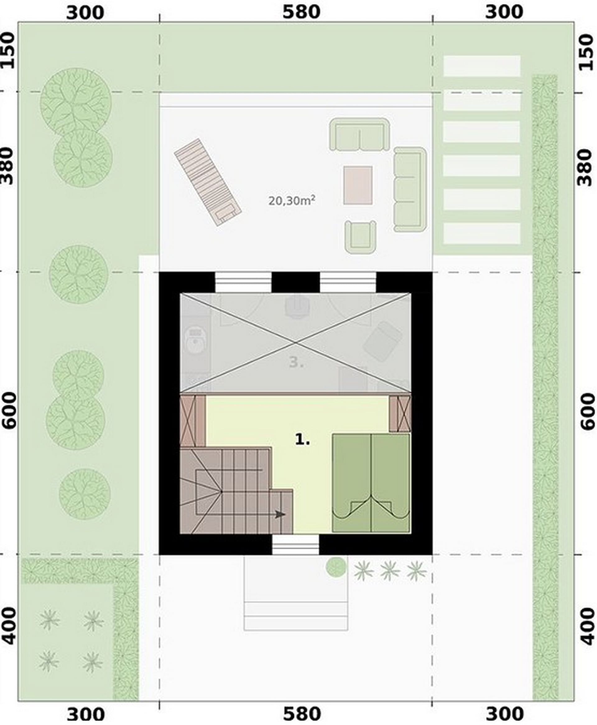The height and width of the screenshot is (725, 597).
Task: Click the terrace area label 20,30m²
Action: [x=292, y=201]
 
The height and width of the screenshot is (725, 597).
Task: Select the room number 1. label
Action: [x=303, y=439]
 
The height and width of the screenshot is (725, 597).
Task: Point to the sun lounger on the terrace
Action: [x=208, y=182]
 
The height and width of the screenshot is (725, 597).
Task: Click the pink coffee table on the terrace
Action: [x=358, y=185]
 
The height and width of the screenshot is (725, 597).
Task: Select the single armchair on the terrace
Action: [x=360, y=237]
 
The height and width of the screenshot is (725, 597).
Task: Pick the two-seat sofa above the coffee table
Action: [x=359, y=135]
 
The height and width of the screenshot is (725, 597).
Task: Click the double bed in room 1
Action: [x=371, y=483]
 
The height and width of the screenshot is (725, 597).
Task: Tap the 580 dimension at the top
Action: [x=301, y=12]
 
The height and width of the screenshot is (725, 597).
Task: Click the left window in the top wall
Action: [x=243, y=282]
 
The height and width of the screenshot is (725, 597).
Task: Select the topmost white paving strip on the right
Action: [x=482, y=66]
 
